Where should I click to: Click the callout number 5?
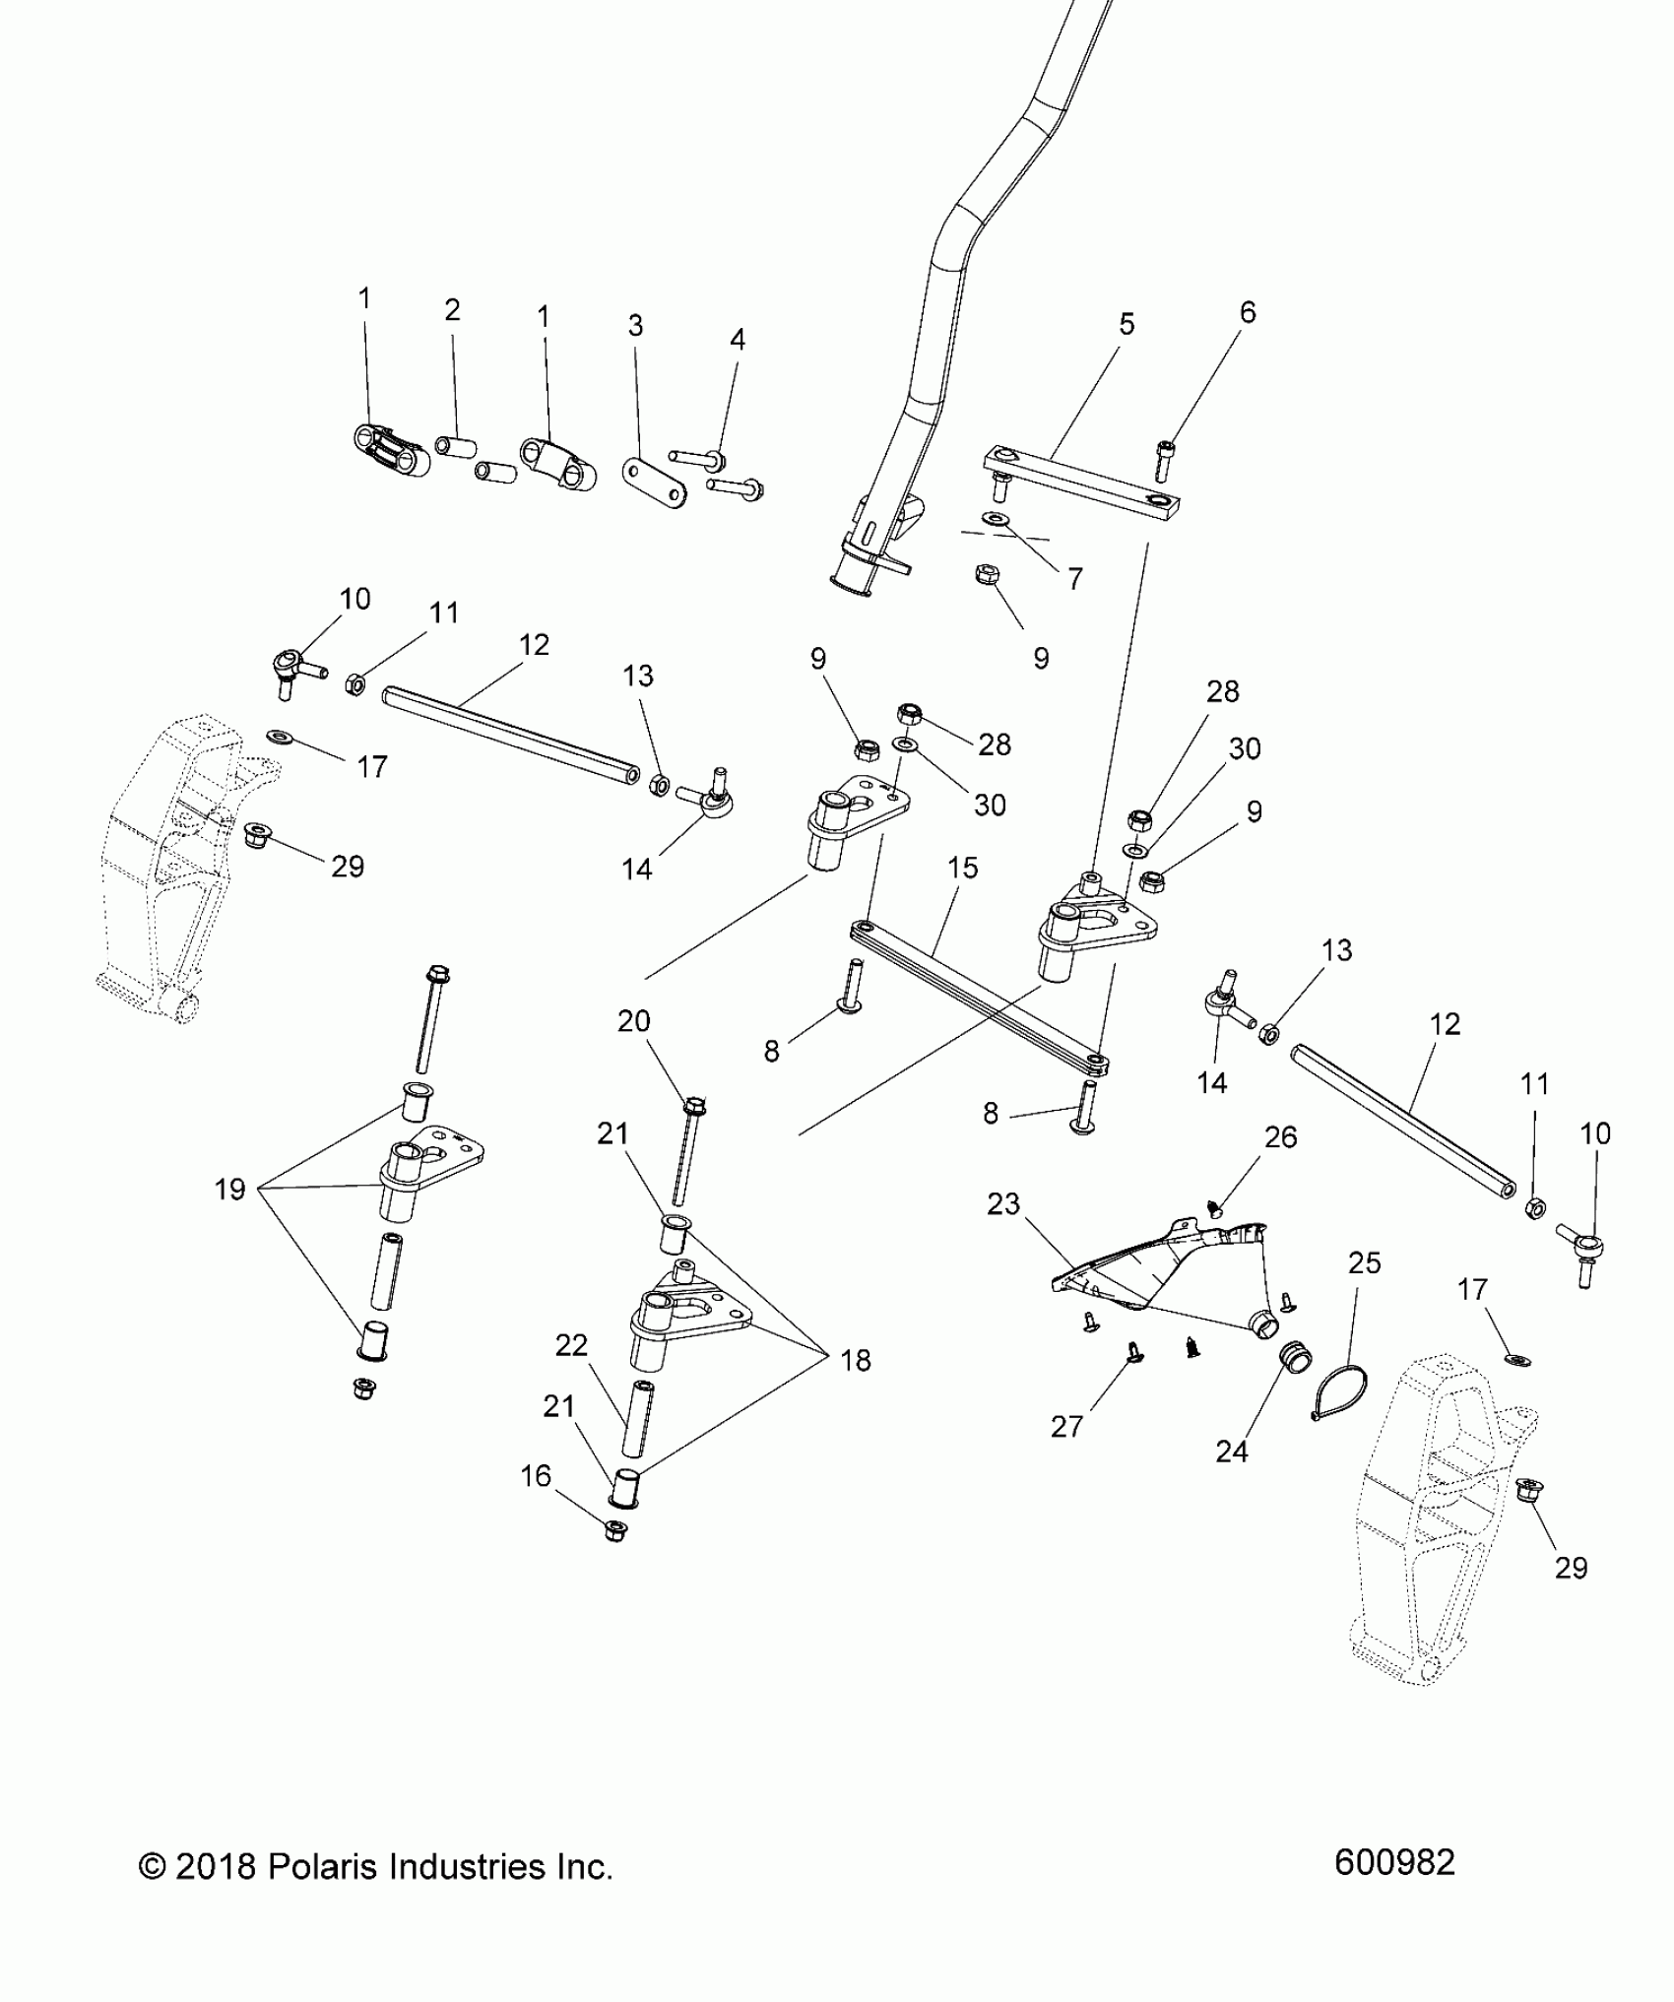point(1127,324)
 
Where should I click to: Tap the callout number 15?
point(962,868)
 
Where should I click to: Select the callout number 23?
point(1003,1204)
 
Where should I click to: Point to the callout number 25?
point(1365,1262)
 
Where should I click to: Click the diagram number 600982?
point(1394,1863)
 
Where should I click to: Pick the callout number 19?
point(229,1190)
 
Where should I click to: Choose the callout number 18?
point(856,1360)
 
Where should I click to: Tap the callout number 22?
point(571,1345)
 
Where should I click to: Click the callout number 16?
point(536,1504)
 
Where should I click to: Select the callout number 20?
point(634,1021)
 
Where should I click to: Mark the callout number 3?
point(635,325)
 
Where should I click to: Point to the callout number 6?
point(1248,312)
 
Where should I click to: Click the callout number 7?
point(1074,579)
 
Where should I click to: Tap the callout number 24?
point(1232,1478)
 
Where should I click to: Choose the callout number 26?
point(1280,1137)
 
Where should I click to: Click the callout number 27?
point(1066,1426)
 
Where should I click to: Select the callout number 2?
point(452,310)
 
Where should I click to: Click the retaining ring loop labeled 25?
point(1344,1389)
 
